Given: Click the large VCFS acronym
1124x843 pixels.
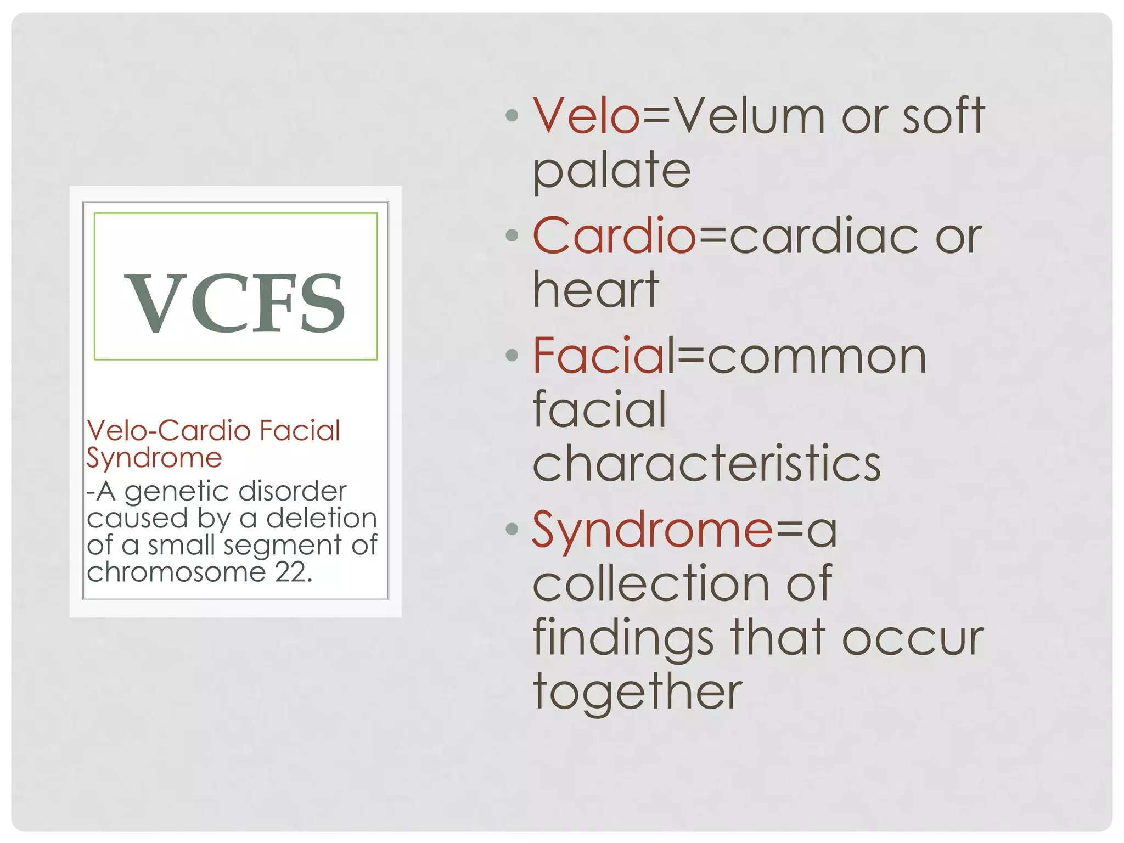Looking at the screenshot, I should [x=235, y=303].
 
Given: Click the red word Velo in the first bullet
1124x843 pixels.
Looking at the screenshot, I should [x=586, y=116].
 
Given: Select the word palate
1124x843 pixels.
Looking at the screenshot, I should [x=611, y=171].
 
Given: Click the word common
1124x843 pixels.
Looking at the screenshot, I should [x=817, y=357].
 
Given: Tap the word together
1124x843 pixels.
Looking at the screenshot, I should [x=638, y=693].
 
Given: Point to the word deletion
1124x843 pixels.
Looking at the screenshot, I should [x=322, y=518].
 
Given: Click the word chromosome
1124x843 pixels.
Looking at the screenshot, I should [x=176, y=572].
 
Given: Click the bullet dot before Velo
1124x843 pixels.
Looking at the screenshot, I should [x=512, y=116].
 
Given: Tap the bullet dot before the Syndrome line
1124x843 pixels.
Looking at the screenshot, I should [x=512, y=529].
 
